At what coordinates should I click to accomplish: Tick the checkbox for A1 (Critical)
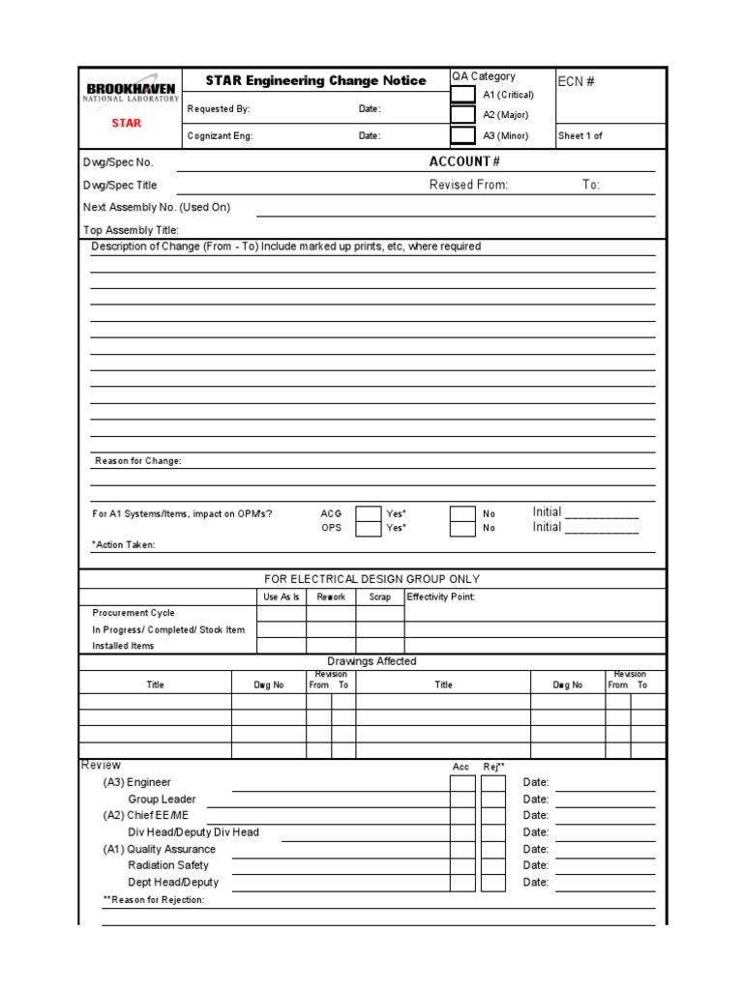tap(463, 95)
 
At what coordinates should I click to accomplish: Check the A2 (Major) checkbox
tap(463, 115)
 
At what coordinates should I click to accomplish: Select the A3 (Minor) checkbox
tap(463, 135)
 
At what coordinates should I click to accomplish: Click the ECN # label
tap(576, 82)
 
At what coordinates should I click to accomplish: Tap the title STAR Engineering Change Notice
tap(315, 81)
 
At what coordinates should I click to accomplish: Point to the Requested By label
tap(219, 109)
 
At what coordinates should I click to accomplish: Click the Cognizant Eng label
tap(220, 136)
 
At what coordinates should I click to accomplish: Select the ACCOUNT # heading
tap(464, 161)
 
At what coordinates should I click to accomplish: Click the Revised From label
tap(468, 185)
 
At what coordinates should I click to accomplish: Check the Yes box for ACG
tap(368, 513)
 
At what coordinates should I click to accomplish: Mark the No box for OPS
tap(462, 528)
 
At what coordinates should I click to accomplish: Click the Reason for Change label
tap(137, 461)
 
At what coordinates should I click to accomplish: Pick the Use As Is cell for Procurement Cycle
tap(282, 613)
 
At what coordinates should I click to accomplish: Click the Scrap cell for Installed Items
tap(380, 645)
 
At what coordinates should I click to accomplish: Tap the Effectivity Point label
tap(441, 597)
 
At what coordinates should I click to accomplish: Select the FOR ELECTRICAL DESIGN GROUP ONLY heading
tap(371, 579)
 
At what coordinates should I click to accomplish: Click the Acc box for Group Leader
tap(462, 800)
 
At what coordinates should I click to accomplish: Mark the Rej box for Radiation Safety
tap(493, 865)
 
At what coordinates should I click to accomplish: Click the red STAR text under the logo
tap(126, 123)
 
